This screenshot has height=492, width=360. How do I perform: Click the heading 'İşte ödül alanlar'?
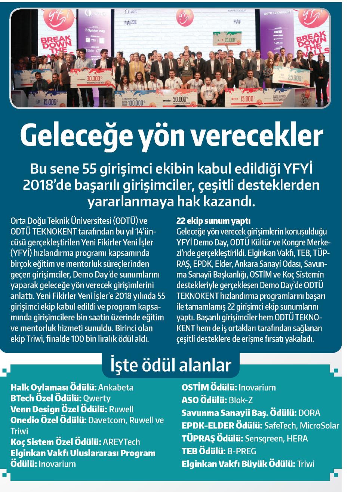coord(170,365)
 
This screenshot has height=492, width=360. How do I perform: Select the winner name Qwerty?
coord(96,398)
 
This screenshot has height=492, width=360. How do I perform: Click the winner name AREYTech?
coord(121,442)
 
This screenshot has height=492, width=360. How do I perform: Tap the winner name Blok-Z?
coord(241,400)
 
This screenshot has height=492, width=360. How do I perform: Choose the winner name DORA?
coord(309,413)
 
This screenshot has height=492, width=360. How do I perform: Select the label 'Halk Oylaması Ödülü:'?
coord(54,387)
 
